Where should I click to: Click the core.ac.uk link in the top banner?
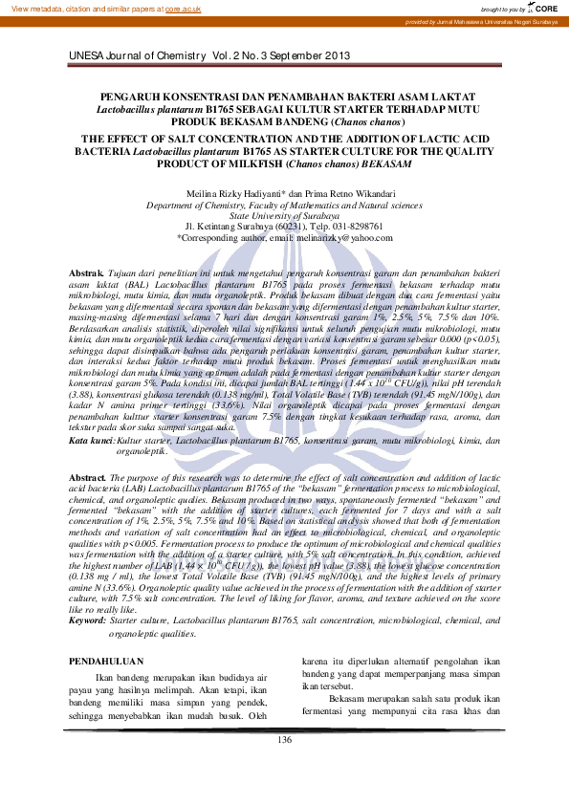183,9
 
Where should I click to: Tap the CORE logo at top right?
543,8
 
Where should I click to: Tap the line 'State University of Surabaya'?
284,216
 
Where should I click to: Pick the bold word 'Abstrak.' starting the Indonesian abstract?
88,274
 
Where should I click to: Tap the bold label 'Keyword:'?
89,620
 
